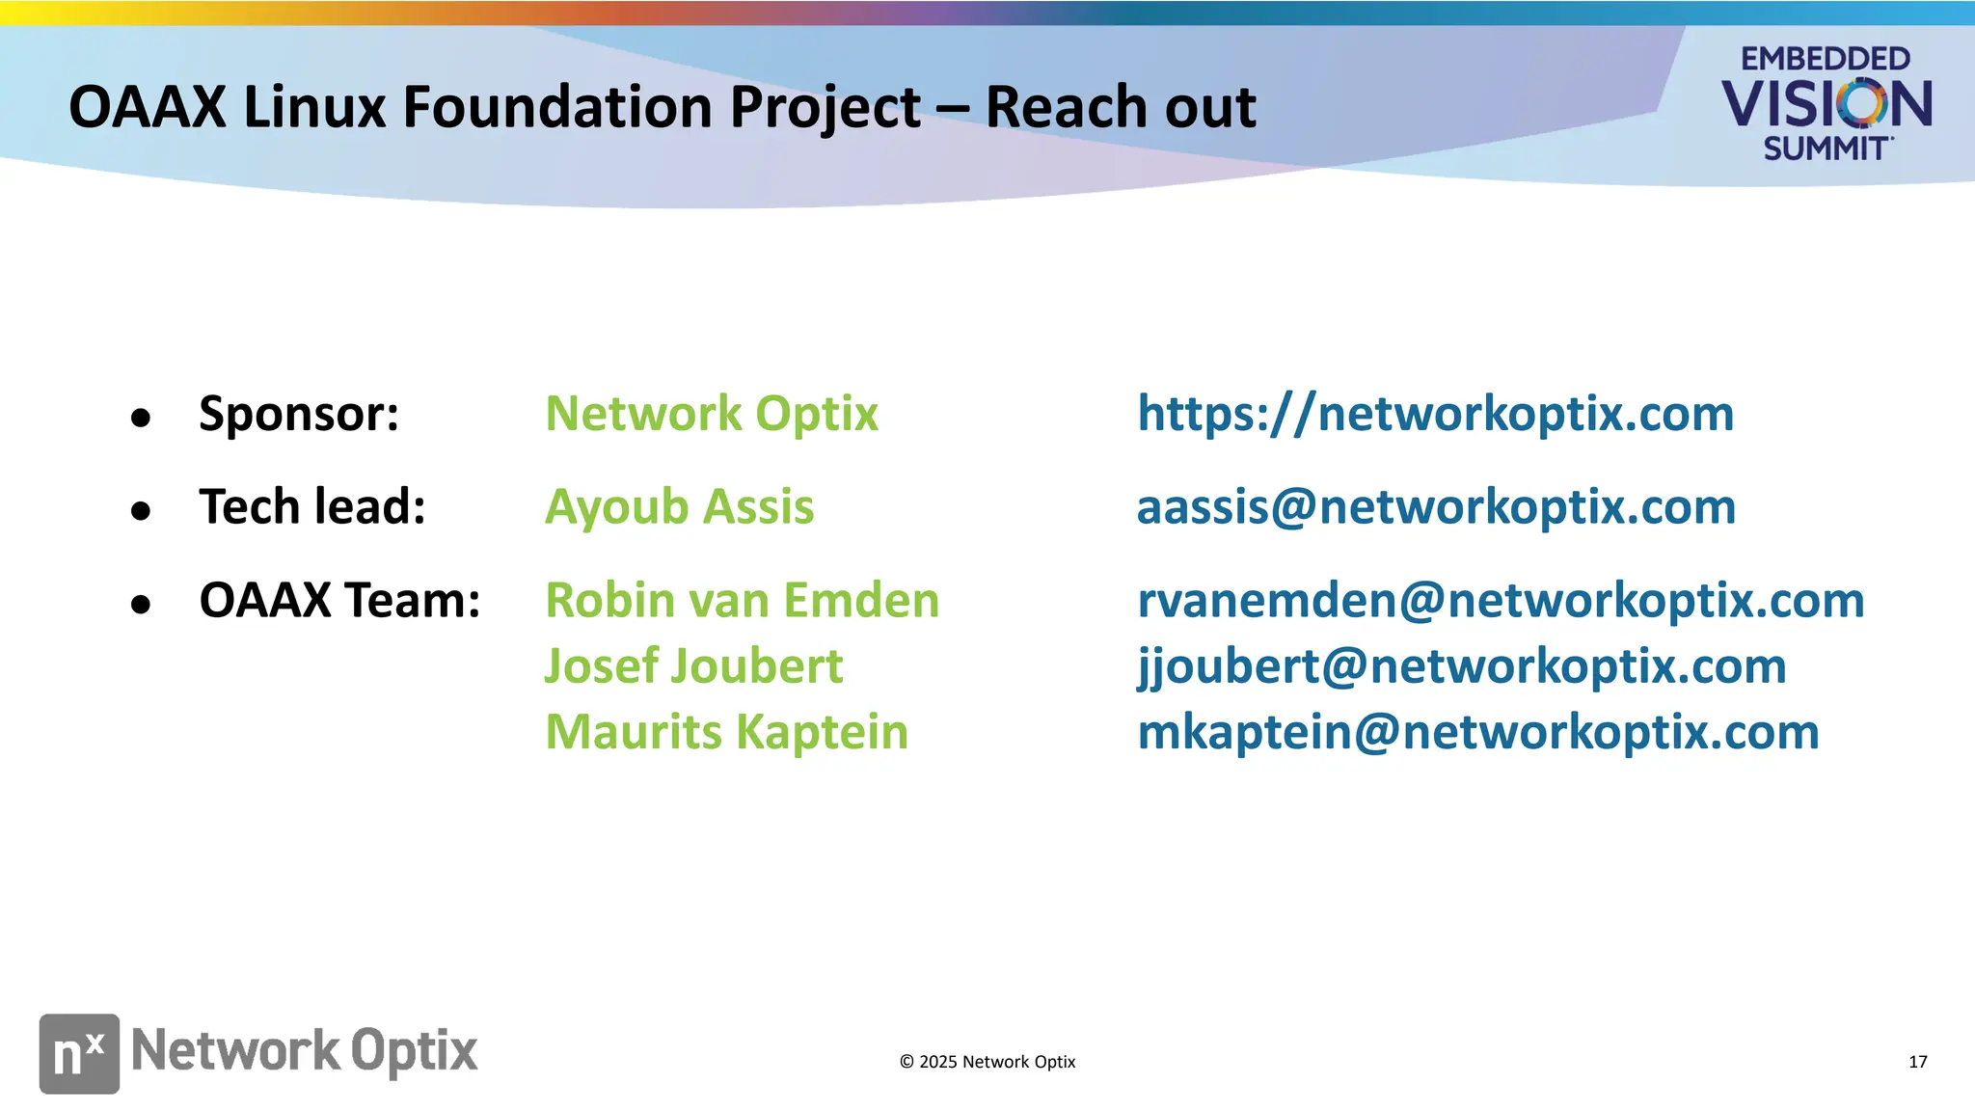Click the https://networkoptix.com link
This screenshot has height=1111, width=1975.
(x=1435, y=414)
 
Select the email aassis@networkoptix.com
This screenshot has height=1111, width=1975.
(x=1436, y=507)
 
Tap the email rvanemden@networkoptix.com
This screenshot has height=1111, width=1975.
(x=1501, y=601)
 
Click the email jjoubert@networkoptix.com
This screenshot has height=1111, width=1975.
(x=1461, y=666)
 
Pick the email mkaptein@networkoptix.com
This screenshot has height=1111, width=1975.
(x=1477, y=732)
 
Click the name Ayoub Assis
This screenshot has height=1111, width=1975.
(x=679, y=507)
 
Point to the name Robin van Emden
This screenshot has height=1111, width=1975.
(x=742, y=601)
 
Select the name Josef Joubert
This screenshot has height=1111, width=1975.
(x=693, y=666)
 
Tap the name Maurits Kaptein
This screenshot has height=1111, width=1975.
(x=726, y=732)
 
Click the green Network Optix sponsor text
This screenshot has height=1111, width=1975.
(x=711, y=414)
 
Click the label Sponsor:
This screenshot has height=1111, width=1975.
(x=299, y=414)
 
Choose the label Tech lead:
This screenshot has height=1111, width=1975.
(x=312, y=507)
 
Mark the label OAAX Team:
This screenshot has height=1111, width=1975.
(x=339, y=601)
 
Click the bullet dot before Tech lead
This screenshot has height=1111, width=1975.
(x=141, y=510)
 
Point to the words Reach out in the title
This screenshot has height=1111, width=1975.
(x=1120, y=106)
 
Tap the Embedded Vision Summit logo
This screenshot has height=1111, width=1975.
(x=1826, y=103)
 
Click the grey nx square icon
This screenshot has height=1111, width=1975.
(x=79, y=1053)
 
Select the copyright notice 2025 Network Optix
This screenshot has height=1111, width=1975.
(x=987, y=1062)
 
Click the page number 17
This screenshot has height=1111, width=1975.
(x=1917, y=1062)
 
